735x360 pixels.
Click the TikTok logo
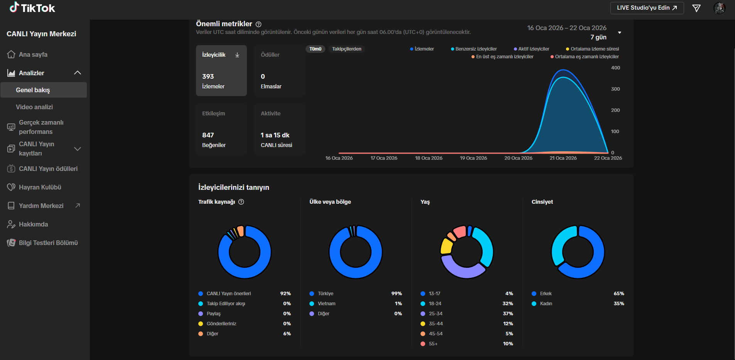click(32, 8)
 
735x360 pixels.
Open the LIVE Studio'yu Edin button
click(647, 8)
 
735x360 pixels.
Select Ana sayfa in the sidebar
click(33, 54)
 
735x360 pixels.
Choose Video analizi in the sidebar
click(34, 107)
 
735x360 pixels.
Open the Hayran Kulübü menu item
click(40, 187)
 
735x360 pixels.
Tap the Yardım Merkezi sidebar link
click(41, 206)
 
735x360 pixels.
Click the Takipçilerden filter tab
click(347, 49)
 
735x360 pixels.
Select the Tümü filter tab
click(315, 49)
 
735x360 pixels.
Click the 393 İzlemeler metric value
click(208, 76)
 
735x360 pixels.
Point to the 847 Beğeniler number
click(208, 135)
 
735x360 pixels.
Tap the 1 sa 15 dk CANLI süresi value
click(275, 135)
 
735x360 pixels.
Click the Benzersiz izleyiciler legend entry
click(474, 49)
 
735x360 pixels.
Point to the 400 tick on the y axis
click(615, 68)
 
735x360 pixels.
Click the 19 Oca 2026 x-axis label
click(473, 158)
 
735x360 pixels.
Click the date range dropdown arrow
click(620, 32)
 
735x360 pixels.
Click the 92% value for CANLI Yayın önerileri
click(286, 294)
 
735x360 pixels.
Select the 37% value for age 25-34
click(508, 314)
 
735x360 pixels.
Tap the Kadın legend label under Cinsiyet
click(546, 304)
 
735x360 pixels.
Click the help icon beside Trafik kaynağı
click(241, 202)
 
